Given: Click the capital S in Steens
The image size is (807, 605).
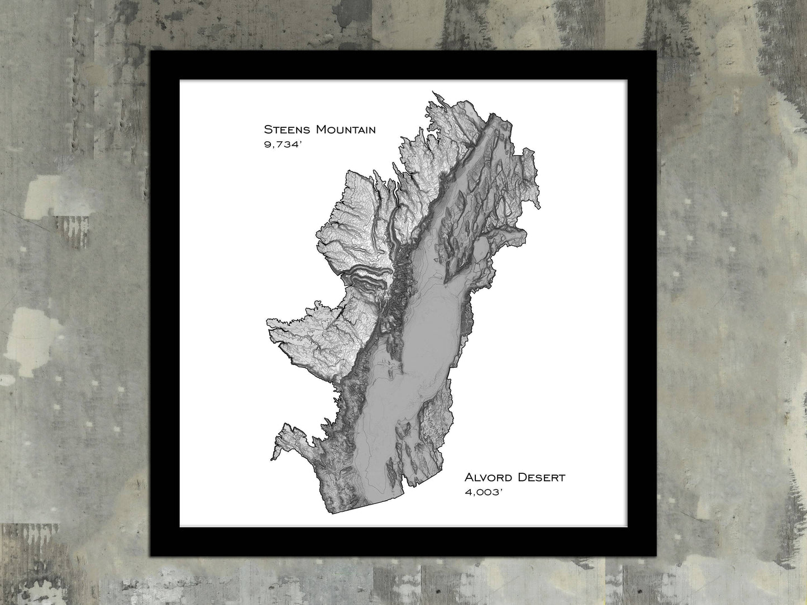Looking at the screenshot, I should coord(268,130).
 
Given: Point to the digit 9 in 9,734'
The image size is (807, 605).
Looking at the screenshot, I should coord(268,146).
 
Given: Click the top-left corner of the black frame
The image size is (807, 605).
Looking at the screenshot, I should coord(151,51).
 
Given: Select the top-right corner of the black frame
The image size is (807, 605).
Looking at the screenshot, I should coord(656,51).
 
